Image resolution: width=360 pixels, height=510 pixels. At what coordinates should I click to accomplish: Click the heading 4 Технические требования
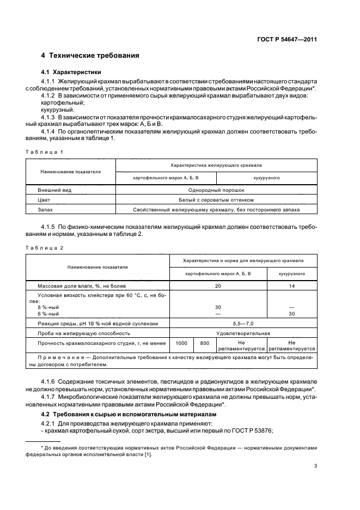(x=90, y=56)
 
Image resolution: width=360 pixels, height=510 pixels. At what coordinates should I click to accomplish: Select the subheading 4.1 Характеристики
(x=71, y=72)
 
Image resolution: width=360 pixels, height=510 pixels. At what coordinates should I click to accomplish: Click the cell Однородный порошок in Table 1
(x=216, y=190)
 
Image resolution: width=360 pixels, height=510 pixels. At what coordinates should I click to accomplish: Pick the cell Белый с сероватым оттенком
(x=216, y=199)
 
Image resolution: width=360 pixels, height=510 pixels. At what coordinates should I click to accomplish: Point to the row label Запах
(x=46, y=209)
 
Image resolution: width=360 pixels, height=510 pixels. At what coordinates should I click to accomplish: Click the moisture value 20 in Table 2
(x=218, y=286)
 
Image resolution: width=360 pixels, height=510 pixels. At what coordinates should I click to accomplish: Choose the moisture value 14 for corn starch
(x=291, y=286)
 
